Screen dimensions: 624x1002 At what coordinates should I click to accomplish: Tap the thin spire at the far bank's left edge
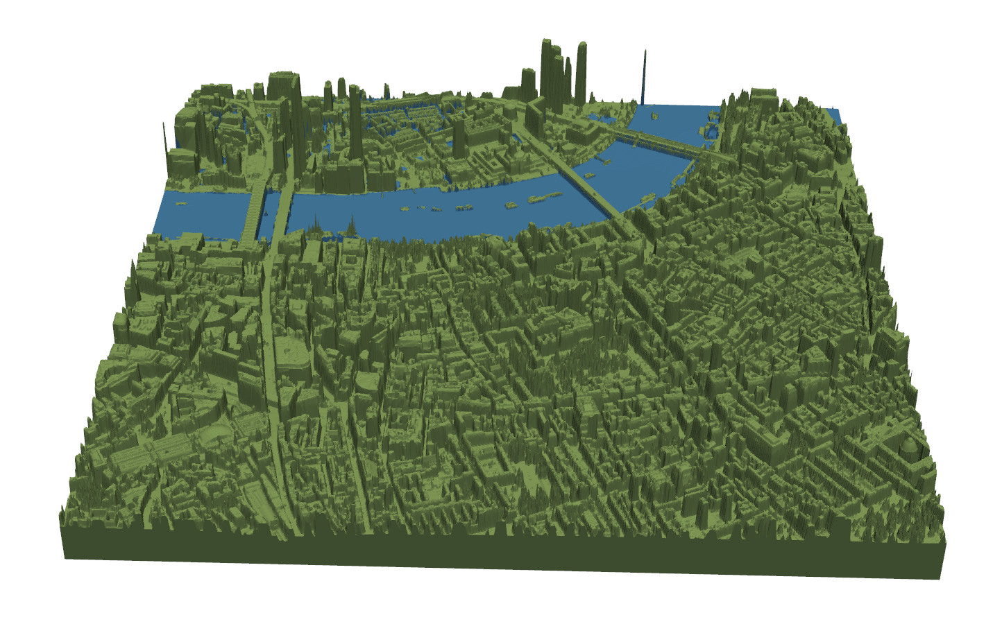(x=165, y=139)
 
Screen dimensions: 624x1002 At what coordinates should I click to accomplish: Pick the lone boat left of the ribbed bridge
(x=182, y=204)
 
